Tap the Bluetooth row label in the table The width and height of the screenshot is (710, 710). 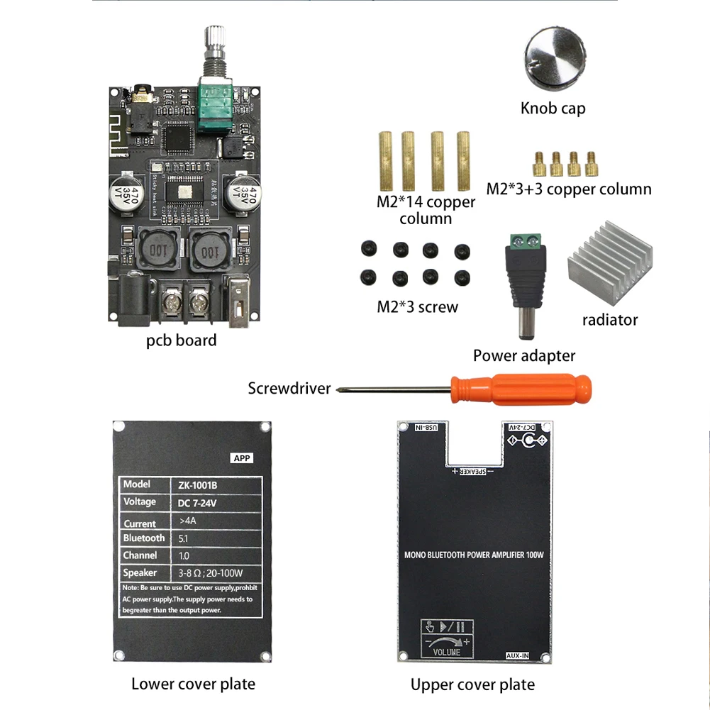coord(143,538)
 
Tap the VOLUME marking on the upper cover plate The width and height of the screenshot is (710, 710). coord(445,652)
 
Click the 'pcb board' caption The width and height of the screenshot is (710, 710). coord(181,340)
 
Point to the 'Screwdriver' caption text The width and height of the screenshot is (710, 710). coord(289,388)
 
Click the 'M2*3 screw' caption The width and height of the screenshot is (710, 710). coord(417,307)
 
